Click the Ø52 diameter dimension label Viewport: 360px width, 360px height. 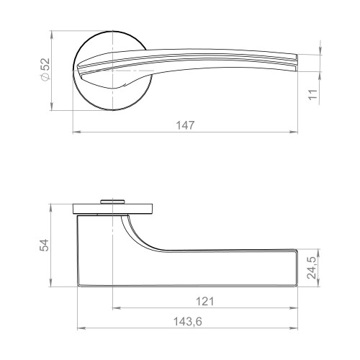click(45, 69)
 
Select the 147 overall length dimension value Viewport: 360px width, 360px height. click(185, 125)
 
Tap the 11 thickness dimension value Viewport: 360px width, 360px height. click(313, 94)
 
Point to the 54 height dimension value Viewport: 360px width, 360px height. click(44, 245)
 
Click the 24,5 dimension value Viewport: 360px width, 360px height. click(312, 268)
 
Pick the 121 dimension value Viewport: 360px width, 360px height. click(205, 301)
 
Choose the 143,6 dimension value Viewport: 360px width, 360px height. click(188, 322)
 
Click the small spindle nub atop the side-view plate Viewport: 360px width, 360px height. click(112, 202)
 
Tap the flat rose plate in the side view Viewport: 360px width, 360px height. click(112, 209)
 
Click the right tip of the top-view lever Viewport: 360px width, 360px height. click(297, 63)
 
